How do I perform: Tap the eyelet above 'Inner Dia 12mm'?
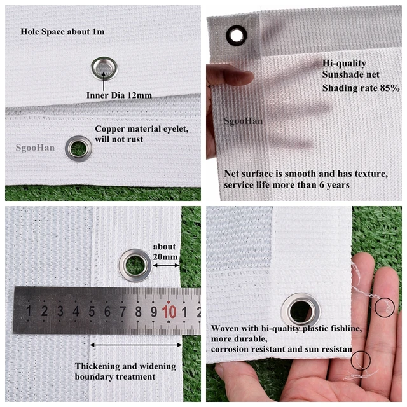point(104,68)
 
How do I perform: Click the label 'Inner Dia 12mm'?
point(120,95)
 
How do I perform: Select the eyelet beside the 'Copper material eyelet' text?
point(79,148)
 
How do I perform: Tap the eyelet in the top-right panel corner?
point(237,36)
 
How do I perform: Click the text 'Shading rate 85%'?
point(361,88)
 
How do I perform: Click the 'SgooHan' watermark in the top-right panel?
point(244,120)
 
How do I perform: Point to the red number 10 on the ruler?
point(169,312)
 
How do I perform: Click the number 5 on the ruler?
point(92,312)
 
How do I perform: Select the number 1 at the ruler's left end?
point(28,312)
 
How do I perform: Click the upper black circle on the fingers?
point(385,308)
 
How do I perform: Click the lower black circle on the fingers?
point(361,361)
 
